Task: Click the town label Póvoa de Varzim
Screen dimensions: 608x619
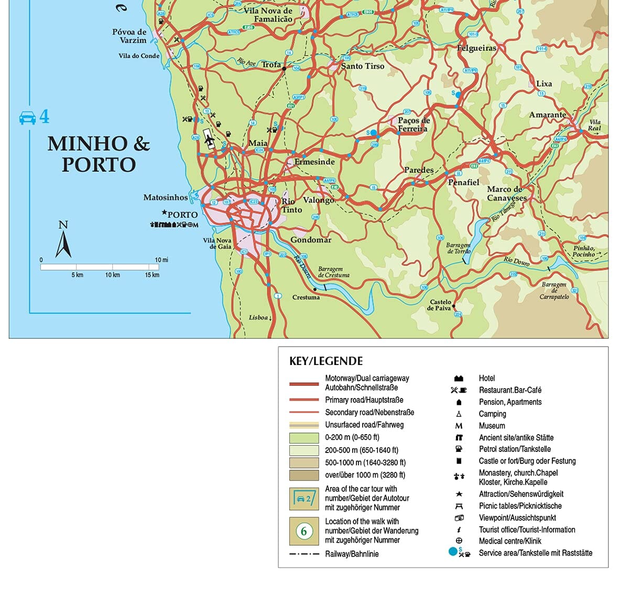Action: (129, 36)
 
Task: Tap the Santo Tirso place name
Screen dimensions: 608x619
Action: (363, 66)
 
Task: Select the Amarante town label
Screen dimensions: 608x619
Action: (547, 115)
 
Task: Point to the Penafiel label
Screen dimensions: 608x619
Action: (463, 182)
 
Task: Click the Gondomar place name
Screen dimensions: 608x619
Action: (311, 240)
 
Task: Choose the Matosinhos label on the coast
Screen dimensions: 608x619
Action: (165, 197)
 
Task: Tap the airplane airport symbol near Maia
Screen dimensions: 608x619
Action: (209, 140)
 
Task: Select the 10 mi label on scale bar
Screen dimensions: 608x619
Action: (161, 260)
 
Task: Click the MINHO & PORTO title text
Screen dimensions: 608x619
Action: (99, 154)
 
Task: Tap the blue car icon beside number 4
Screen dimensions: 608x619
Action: (27, 117)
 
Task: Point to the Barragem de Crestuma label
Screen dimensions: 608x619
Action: (333, 272)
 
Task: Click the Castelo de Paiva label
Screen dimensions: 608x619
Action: (440, 305)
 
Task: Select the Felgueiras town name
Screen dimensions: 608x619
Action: (476, 48)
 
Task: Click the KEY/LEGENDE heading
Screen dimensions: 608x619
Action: (325, 361)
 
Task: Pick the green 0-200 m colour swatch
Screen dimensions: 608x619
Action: (304, 438)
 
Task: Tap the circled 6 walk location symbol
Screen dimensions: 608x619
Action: (304, 531)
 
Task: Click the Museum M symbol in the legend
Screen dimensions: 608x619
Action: (459, 426)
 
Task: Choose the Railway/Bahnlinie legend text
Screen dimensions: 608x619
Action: (351, 554)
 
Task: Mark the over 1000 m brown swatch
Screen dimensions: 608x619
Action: (304, 476)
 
